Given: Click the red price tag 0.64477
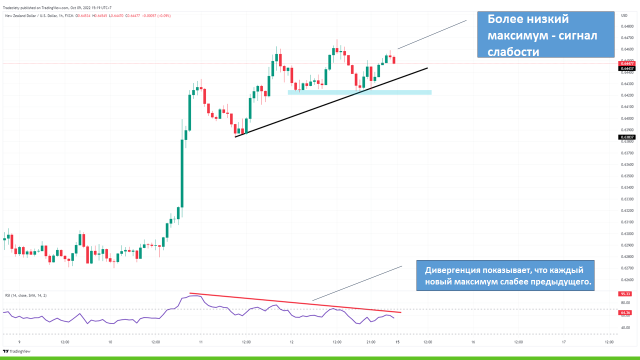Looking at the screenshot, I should pyautogui.click(x=627, y=63).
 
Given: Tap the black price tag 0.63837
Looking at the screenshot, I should pyautogui.click(x=627, y=137).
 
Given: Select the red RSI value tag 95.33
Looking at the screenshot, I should pyautogui.click(x=625, y=294).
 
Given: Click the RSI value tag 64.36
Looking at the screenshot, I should pyautogui.click(x=625, y=313).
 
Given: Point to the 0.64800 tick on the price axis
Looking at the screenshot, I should pyautogui.click(x=627, y=26).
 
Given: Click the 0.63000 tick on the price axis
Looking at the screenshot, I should pyautogui.click(x=627, y=233).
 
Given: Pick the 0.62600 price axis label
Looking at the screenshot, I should pyautogui.click(x=627, y=279).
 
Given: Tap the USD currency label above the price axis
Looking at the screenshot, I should pyautogui.click(x=623, y=14).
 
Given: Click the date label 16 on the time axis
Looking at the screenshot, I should pyautogui.click(x=473, y=342).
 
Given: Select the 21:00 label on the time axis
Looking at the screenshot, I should pyautogui.click(x=370, y=342).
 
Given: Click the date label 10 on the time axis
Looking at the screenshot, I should pyautogui.click(x=110, y=342).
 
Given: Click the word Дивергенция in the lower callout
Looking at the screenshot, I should pyautogui.click(x=452, y=270).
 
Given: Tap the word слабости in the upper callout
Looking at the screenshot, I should pyautogui.click(x=513, y=52).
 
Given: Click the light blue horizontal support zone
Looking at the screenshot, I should pyautogui.click(x=359, y=92).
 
